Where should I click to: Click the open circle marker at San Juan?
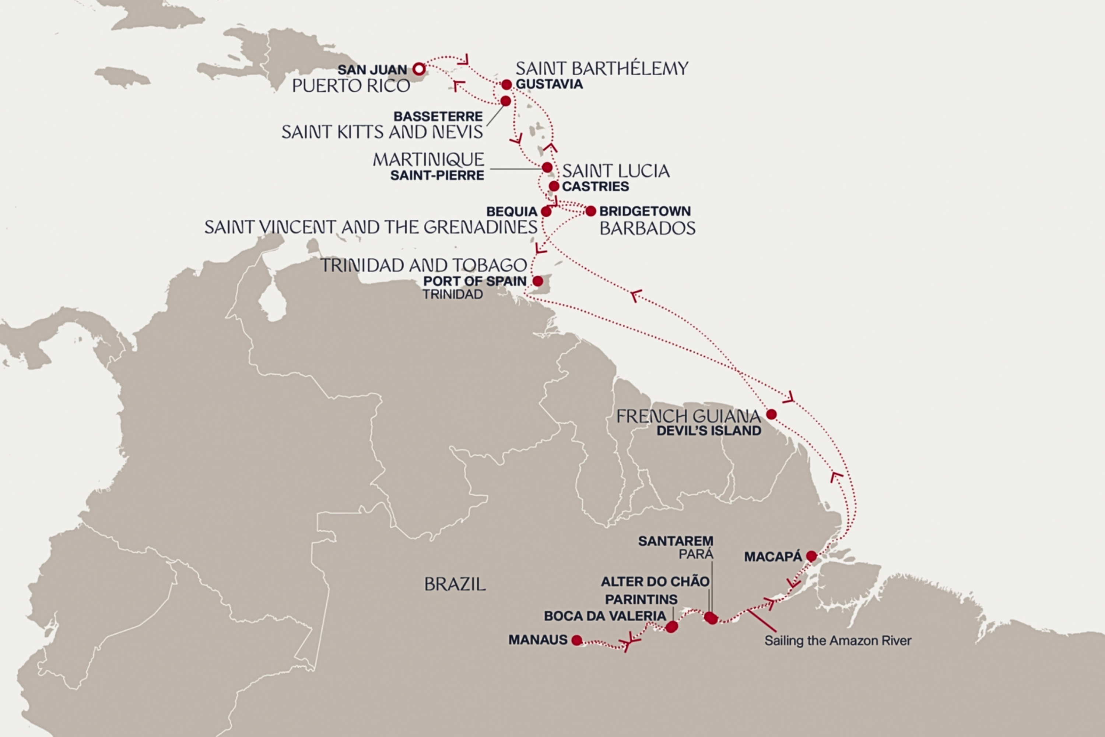418,70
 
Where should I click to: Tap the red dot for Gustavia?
506,85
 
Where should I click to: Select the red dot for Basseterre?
505,101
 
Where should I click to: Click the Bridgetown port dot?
590,211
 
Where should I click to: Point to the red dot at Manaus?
576,640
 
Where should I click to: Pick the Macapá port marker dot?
811,556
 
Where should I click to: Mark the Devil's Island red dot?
771,414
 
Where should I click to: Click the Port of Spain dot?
537,282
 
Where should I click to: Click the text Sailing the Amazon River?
838,641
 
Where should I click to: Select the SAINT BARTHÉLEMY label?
602,69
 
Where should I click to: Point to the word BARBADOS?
648,228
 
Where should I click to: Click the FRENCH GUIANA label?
688,416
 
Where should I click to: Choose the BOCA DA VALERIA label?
605,616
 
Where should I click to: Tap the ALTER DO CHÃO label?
655,581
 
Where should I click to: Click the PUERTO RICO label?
351,86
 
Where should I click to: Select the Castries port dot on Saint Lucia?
554,186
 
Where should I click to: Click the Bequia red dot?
546,212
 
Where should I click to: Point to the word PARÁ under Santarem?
696,554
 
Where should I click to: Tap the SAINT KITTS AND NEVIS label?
382,132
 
